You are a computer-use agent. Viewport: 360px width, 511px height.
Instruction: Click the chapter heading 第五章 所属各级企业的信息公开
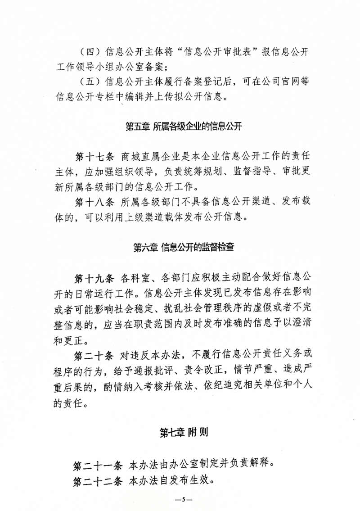coord(184,127)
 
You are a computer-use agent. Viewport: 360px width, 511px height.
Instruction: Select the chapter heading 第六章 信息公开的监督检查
coord(184,247)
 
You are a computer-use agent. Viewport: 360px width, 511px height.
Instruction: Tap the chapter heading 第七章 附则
coord(184,433)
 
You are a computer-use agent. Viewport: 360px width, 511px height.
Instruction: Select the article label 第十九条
coord(94,276)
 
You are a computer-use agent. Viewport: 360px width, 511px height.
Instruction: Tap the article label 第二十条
coord(94,355)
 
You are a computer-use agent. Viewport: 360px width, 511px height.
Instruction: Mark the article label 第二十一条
coord(98,464)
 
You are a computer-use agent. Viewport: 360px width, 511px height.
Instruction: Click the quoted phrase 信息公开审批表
coord(220,51)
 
